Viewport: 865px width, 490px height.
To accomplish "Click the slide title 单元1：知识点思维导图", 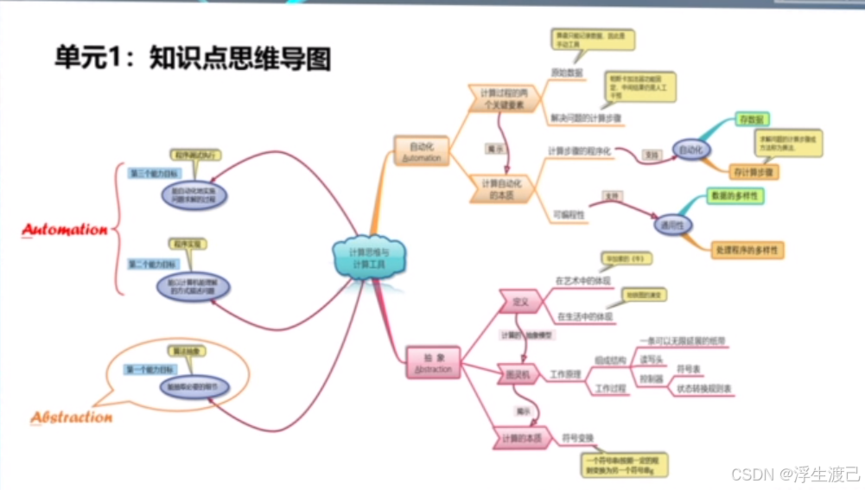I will [x=193, y=58].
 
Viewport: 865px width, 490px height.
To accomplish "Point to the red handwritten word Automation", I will [x=65, y=230].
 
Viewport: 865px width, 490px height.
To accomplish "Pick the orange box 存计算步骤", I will [x=754, y=171].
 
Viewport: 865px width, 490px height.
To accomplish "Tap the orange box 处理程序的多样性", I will [x=747, y=250].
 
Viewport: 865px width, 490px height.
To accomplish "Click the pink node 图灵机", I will [x=518, y=374].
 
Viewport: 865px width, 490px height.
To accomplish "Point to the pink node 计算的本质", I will [x=521, y=439].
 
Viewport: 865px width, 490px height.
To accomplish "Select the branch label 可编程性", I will [x=569, y=213].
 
